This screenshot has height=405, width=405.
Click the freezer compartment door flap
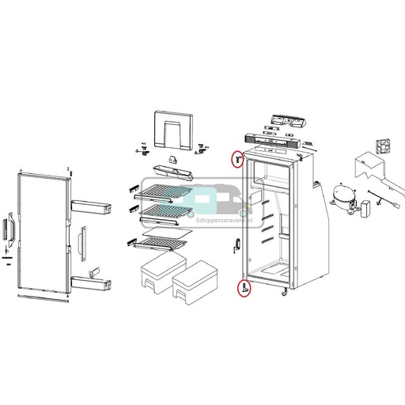pos(172,131)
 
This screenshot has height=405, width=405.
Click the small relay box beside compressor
pos(367,210)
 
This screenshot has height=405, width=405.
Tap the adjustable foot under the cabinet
pos(283,296)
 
